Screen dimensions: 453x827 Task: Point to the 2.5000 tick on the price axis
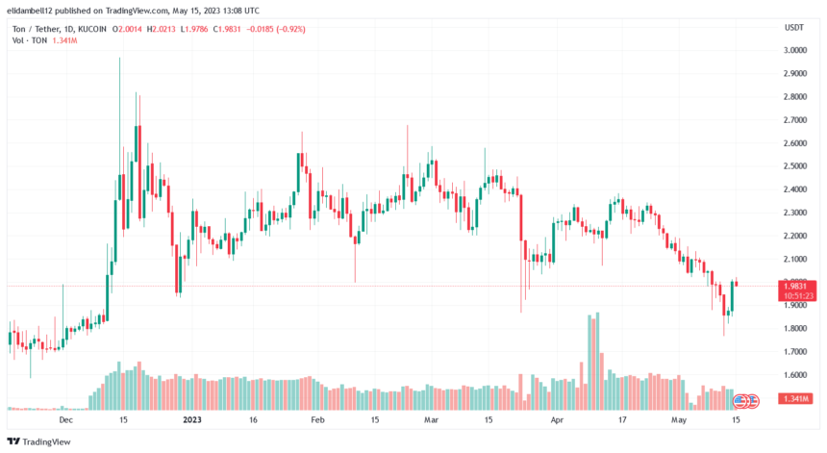tap(794, 166)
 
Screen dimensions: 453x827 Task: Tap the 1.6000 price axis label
tap(794, 375)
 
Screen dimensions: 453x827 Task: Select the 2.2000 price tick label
tap(794, 236)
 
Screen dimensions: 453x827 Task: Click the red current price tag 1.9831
tap(799, 285)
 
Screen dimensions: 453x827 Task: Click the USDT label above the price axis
tap(794, 28)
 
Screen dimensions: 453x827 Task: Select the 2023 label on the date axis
tap(191, 420)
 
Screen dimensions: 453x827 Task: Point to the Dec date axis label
tap(66, 420)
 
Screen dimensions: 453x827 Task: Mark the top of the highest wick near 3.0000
tap(119, 58)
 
